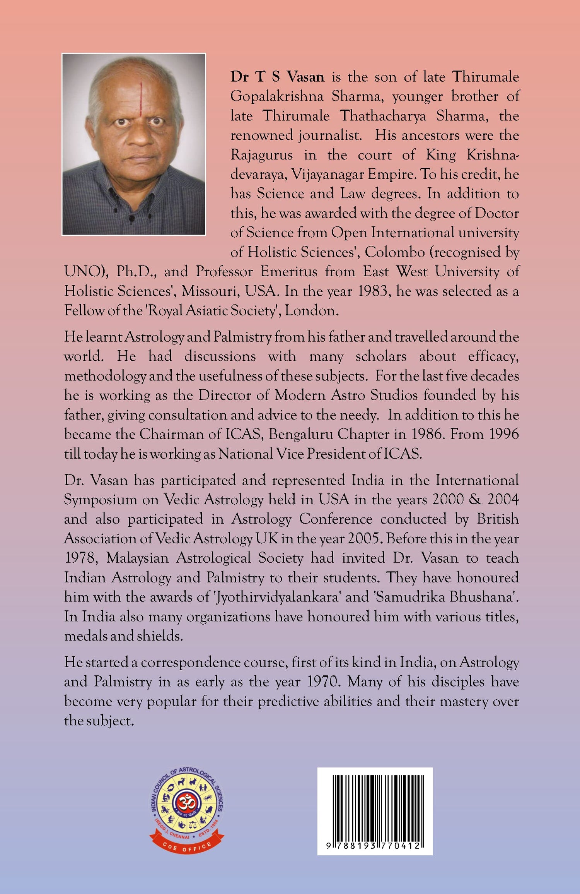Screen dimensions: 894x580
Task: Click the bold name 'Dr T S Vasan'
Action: pyautogui.click(x=277, y=77)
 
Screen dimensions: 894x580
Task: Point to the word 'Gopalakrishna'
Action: pyautogui.click(x=277, y=96)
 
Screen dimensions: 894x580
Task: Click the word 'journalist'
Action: pyautogui.click(x=329, y=135)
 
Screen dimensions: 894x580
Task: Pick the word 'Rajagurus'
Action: pyautogui.click(x=261, y=155)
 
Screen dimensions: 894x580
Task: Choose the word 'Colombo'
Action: pyautogui.click(x=394, y=252)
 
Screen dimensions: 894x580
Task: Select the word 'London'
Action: pyautogui.click(x=311, y=310)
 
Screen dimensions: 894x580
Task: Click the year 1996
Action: pyautogui.click(x=503, y=434)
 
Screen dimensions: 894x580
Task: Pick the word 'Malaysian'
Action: pyautogui.click(x=137, y=558)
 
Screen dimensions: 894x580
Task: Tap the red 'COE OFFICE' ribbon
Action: pyautogui.click(x=187, y=847)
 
